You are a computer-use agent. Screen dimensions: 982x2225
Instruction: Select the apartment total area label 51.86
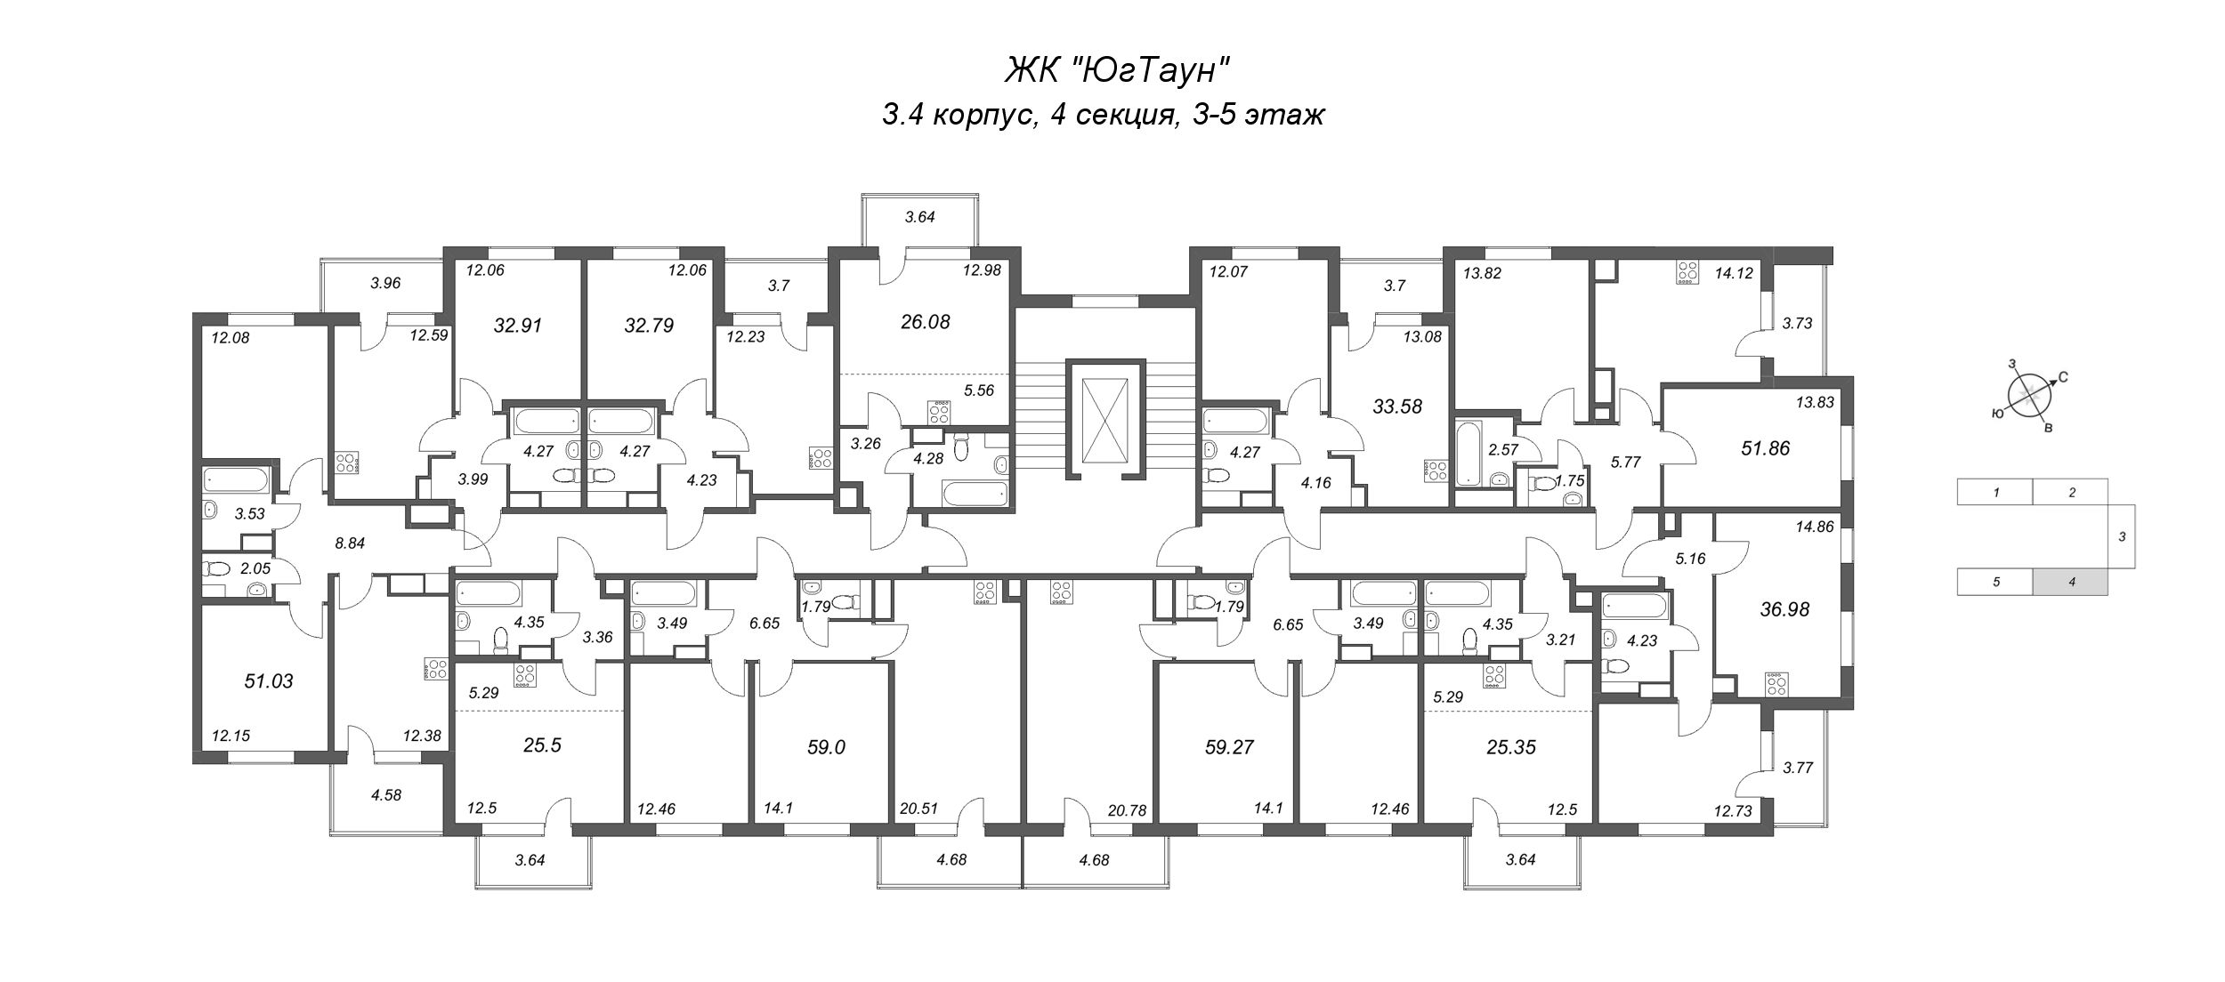[x=1765, y=448]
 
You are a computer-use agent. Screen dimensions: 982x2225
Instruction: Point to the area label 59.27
[x=1228, y=747]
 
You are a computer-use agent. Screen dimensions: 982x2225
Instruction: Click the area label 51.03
[x=269, y=681]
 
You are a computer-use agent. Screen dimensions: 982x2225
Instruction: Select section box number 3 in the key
[x=2122, y=536]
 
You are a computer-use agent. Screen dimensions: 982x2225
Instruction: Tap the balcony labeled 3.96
[x=386, y=284]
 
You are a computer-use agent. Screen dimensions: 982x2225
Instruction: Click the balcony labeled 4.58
[x=386, y=795]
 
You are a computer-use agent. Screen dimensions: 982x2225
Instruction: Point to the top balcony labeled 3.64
[x=919, y=216]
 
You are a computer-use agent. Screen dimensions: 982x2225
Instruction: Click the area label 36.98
[x=1784, y=609]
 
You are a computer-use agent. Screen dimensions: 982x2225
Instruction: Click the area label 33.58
[x=1398, y=406]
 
